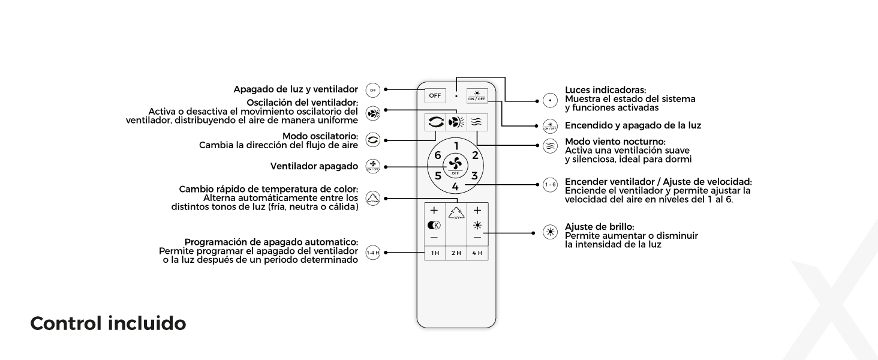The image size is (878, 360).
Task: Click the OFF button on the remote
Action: click(434, 95)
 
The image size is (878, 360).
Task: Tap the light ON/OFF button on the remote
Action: click(477, 95)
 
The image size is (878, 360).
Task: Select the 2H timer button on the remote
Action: click(456, 253)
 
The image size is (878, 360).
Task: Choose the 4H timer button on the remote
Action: click(477, 253)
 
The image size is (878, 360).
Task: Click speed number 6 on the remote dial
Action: click(438, 155)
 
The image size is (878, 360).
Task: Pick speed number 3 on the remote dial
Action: click(474, 176)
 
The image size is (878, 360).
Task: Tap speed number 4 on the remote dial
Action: click(455, 187)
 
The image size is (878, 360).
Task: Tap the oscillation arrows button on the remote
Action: click(435, 122)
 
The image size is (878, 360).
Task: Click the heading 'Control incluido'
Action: click(108, 323)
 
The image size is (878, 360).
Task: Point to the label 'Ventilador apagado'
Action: click(314, 166)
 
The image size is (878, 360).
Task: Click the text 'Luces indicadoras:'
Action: click(605, 90)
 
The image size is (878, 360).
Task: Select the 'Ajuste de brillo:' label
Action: click(599, 226)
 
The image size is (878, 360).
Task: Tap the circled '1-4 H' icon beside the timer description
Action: click(373, 253)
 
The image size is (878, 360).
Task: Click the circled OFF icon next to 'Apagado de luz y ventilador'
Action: click(373, 89)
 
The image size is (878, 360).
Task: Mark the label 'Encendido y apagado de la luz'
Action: click(633, 125)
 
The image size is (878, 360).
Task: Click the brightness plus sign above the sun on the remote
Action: click(477, 211)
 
